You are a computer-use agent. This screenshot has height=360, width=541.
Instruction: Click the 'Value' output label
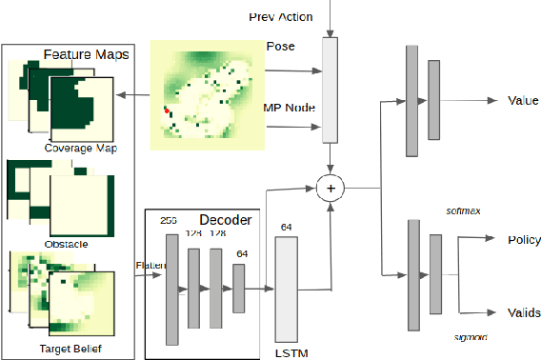523,101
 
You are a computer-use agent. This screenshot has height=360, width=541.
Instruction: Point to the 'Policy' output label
524,240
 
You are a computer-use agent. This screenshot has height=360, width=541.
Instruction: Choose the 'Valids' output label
523,312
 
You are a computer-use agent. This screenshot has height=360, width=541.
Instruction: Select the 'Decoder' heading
226,220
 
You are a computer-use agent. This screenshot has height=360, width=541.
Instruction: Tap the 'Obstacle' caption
67,244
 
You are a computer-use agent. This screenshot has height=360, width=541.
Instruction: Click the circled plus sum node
331,189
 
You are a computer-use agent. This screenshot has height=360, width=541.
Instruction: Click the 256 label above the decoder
170,219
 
